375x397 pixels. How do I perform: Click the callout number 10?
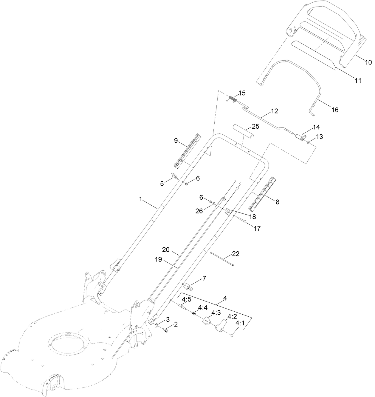368,62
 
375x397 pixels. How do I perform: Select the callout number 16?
335,110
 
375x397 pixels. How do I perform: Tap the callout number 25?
255,126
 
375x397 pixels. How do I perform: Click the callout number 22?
235,254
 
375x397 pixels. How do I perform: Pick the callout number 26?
199,211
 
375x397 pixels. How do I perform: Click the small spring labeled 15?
232,99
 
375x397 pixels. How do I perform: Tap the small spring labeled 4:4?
194,313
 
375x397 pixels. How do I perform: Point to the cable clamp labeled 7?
188,287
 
